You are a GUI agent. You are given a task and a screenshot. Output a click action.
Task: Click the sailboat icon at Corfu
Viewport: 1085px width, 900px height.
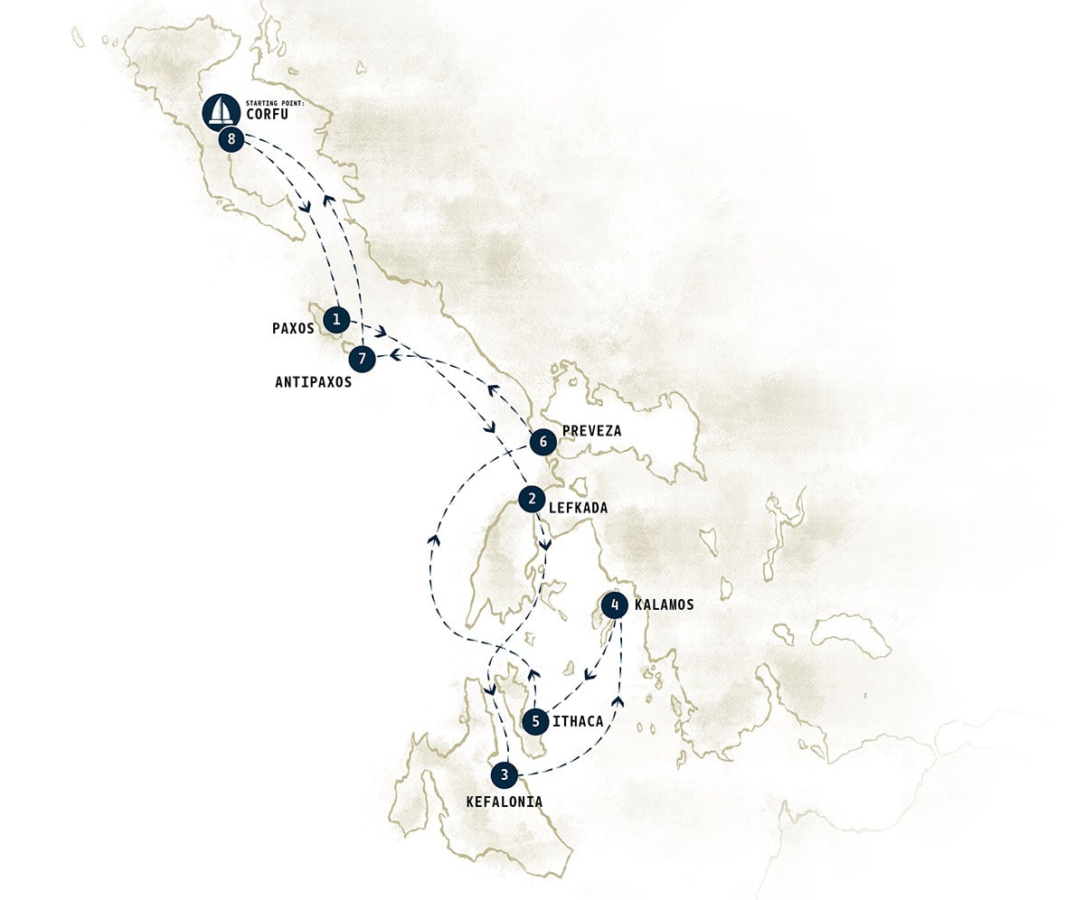click(x=219, y=110)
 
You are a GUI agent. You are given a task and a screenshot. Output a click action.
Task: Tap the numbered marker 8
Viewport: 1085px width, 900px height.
click(x=232, y=139)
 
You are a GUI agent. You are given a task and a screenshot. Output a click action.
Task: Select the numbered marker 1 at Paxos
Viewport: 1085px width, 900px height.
click(x=336, y=319)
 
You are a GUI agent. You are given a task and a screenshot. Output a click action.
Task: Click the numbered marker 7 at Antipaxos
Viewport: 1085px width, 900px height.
click(x=362, y=359)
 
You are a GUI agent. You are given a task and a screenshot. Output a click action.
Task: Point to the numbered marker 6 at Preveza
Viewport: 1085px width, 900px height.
click(x=542, y=442)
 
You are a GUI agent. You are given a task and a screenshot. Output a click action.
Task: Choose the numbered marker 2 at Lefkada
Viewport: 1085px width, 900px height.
click(x=532, y=498)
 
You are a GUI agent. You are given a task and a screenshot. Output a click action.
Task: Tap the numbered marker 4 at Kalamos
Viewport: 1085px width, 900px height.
click(x=615, y=605)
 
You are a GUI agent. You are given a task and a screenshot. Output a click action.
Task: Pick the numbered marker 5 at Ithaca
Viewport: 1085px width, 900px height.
click(x=535, y=721)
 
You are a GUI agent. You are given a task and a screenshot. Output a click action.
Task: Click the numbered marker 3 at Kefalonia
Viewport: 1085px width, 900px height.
click(x=505, y=774)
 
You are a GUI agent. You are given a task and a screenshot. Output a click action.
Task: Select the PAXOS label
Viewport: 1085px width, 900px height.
click(x=293, y=329)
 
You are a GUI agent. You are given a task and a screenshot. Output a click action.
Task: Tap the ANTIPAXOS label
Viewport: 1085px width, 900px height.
click(x=313, y=382)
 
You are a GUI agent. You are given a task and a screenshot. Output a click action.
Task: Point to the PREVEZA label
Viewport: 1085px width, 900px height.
click(x=591, y=431)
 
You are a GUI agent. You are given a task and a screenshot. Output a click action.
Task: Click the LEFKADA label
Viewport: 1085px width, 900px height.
click(x=578, y=509)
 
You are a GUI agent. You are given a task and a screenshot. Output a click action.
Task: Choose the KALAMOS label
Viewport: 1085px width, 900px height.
click(x=664, y=605)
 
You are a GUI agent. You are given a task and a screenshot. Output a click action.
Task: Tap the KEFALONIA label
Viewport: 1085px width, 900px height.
click(x=505, y=802)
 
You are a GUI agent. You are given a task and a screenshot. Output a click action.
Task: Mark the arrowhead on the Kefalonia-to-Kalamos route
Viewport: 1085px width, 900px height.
click(x=619, y=700)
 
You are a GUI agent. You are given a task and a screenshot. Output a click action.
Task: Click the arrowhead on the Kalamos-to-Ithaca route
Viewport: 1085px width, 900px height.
click(x=588, y=673)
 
